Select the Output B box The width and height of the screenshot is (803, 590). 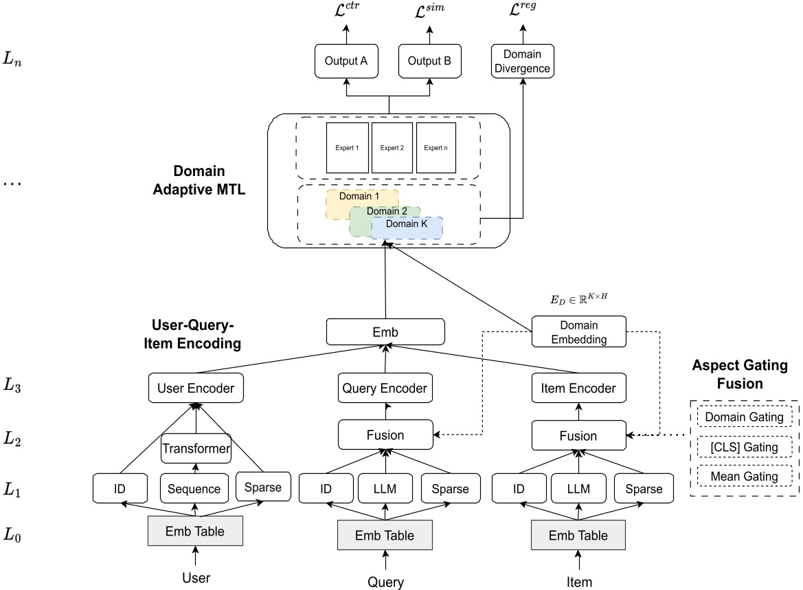tap(429, 61)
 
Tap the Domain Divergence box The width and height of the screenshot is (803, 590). tap(523, 61)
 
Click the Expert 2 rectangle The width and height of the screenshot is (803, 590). tap(392, 148)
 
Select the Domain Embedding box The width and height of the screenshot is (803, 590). tap(579, 331)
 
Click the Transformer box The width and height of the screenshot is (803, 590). tap(196, 449)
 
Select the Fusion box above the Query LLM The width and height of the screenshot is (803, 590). tap(385, 435)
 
